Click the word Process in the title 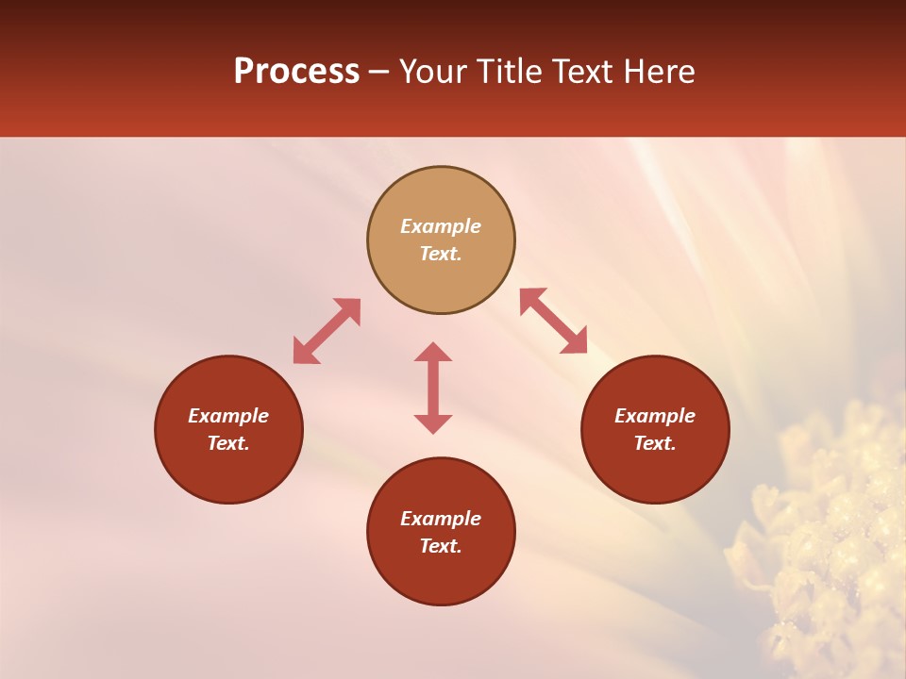click(296, 72)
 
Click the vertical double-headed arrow click(433, 388)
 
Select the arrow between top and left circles click(327, 331)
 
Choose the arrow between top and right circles click(554, 321)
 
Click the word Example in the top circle click(441, 226)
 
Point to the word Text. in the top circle click(441, 254)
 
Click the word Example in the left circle click(228, 416)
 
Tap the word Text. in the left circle click(228, 443)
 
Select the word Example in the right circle click(655, 416)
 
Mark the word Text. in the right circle click(655, 443)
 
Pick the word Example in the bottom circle click(441, 519)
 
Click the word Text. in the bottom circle click(441, 546)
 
